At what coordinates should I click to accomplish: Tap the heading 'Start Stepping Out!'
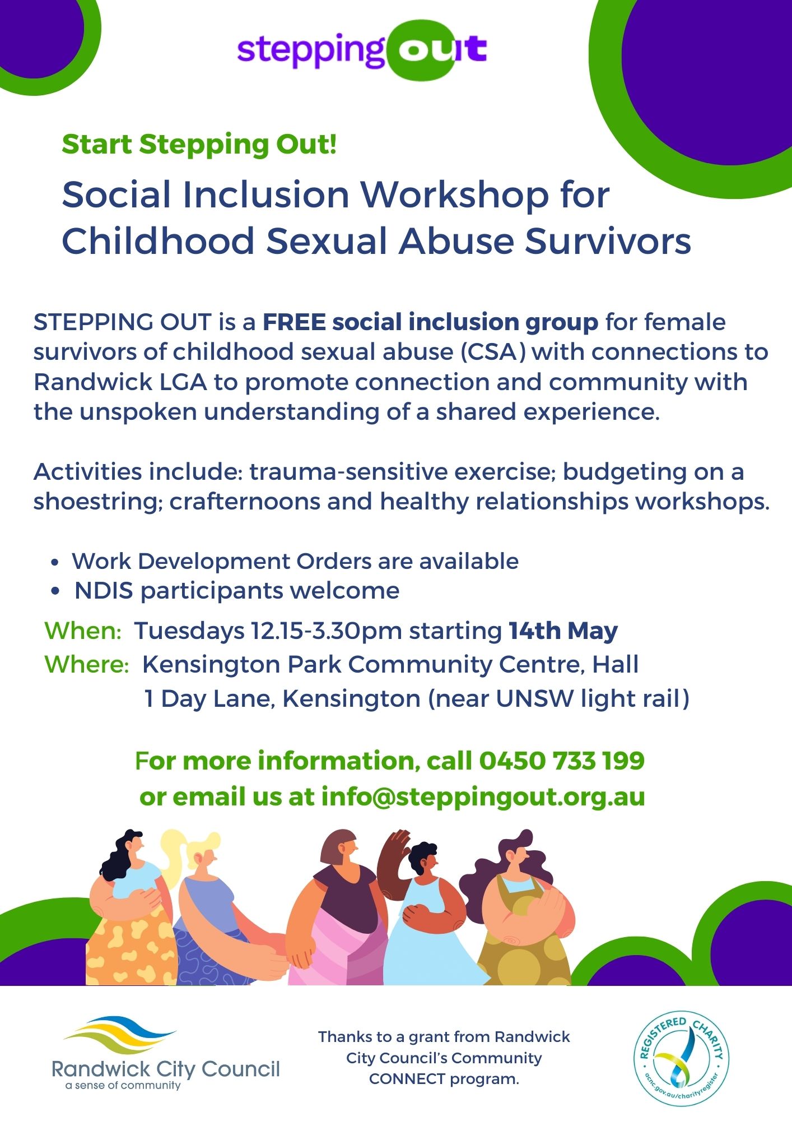pyautogui.click(x=199, y=144)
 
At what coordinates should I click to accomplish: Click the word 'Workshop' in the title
pyautogui.click(x=454, y=195)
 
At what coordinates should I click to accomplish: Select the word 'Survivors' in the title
pyautogui.click(x=608, y=241)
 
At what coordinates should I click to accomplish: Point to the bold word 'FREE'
pyautogui.click(x=294, y=322)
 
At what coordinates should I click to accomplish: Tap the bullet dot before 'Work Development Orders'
pyautogui.click(x=54, y=562)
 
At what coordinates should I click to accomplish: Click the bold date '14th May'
pyautogui.click(x=563, y=631)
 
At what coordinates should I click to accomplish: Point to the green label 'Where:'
pyautogui.click(x=87, y=665)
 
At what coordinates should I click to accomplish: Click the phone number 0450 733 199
pyautogui.click(x=562, y=761)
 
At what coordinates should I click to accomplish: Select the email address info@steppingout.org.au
pyautogui.click(x=483, y=796)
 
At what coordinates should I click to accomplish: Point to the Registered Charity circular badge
pyautogui.click(x=681, y=1059)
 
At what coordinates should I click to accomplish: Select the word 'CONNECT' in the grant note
pyautogui.click(x=407, y=1079)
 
